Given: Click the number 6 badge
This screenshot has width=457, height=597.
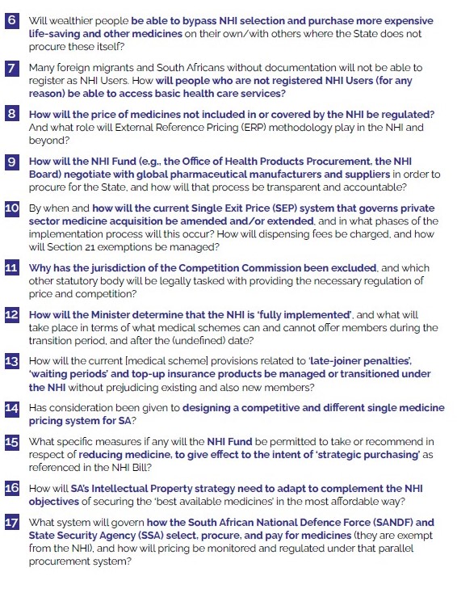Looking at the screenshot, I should [12, 18].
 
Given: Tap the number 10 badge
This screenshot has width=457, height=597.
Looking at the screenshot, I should [12, 208].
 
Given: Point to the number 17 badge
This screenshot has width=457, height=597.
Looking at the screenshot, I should [12, 523].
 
